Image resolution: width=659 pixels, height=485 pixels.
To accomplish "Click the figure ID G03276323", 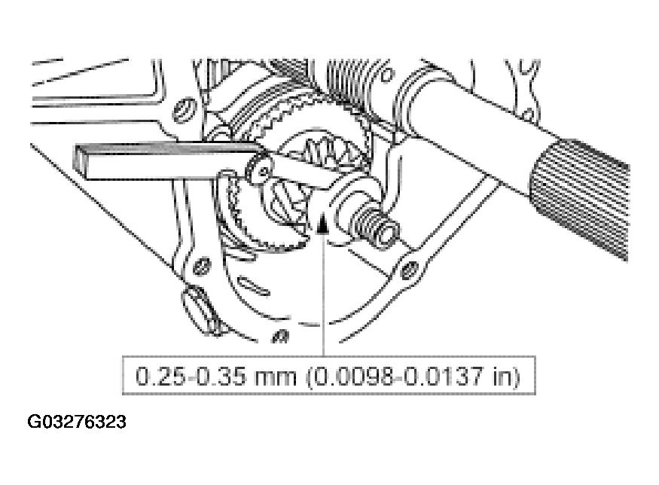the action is point(77,421).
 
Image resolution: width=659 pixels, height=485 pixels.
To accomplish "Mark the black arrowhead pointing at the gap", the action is point(322,224).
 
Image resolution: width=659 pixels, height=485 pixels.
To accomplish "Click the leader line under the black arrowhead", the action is point(323,294).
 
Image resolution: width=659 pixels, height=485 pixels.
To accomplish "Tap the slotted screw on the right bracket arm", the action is point(409,270).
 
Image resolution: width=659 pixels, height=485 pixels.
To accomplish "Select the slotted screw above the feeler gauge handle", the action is point(185,110).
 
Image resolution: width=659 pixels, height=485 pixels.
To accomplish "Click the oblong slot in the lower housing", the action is point(253,285).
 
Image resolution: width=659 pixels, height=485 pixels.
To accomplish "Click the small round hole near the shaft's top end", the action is point(387,75).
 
